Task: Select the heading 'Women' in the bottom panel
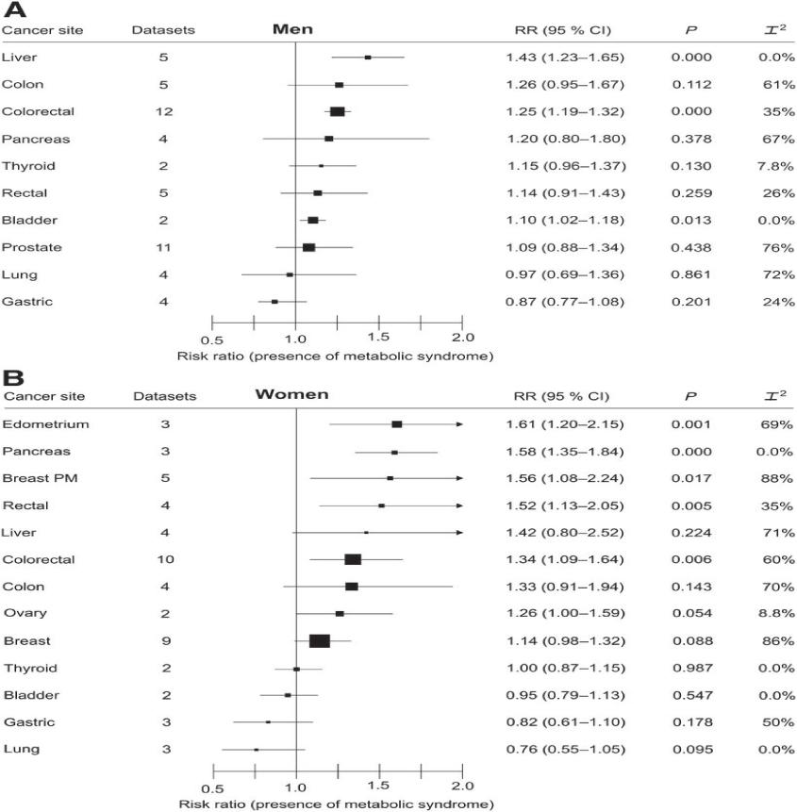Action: tap(291, 394)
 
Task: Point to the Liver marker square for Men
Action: tap(368, 58)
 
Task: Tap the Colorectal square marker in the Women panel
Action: tap(353, 559)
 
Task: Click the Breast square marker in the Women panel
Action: tap(320, 641)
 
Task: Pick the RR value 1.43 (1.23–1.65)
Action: tap(564, 58)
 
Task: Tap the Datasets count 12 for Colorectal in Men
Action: tap(164, 111)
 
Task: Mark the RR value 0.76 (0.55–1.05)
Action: tap(564, 750)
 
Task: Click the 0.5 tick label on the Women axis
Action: tap(213, 786)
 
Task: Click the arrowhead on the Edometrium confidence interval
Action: tap(460, 424)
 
